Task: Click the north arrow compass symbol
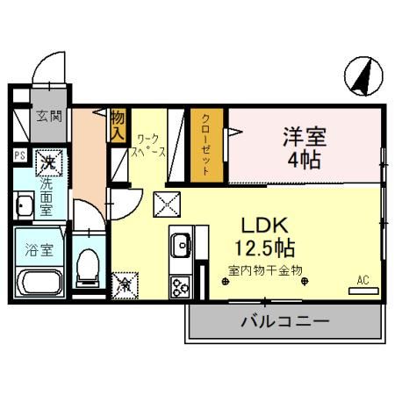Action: point(362,75)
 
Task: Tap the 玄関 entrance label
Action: point(48,116)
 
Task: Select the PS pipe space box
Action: point(18,158)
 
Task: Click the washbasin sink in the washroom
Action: point(23,207)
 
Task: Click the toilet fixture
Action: point(89,266)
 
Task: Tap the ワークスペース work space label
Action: point(151,145)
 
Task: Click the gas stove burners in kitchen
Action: point(180,285)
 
